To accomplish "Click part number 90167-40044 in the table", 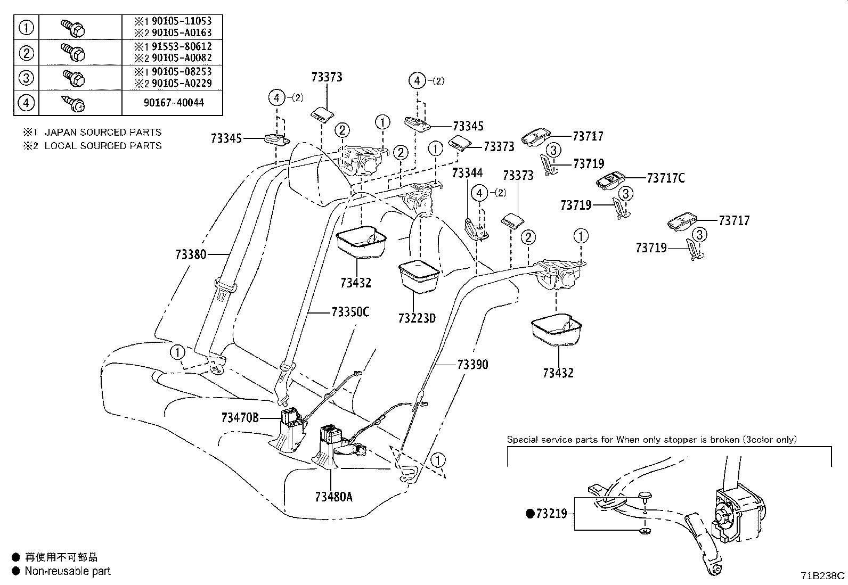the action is pyautogui.click(x=174, y=103).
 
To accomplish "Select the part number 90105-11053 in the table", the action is pyautogui.click(x=181, y=21).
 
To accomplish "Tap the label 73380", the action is pyautogui.click(x=191, y=254).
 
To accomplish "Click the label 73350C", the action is pyautogui.click(x=350, y=312).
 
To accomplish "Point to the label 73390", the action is pyautogui.click(x=473, y=365).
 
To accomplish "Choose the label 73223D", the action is pyautogui.click(x=417, y=318).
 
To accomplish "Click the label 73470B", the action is pyautogui.click(x=240, y=418).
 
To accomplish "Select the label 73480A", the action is pyautogui.click(x=333, y=497).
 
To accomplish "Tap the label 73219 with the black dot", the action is pyautogui.click(x=547, y=514).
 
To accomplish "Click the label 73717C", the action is pyautogui.click(x=666, y=178).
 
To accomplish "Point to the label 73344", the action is pyautogui.click(x=467, y=173).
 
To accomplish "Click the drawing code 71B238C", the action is pyautogui.click(x=822, y=575).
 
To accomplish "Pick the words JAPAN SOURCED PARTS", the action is pyautogui.click(x=103, y=132).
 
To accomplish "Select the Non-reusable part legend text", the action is pyautogui.click(x=68, y=571).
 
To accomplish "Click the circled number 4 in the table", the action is pyautogui.click(x=26, y=103).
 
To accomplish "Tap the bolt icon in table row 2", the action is pyautogui.click(x=74, y=53).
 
